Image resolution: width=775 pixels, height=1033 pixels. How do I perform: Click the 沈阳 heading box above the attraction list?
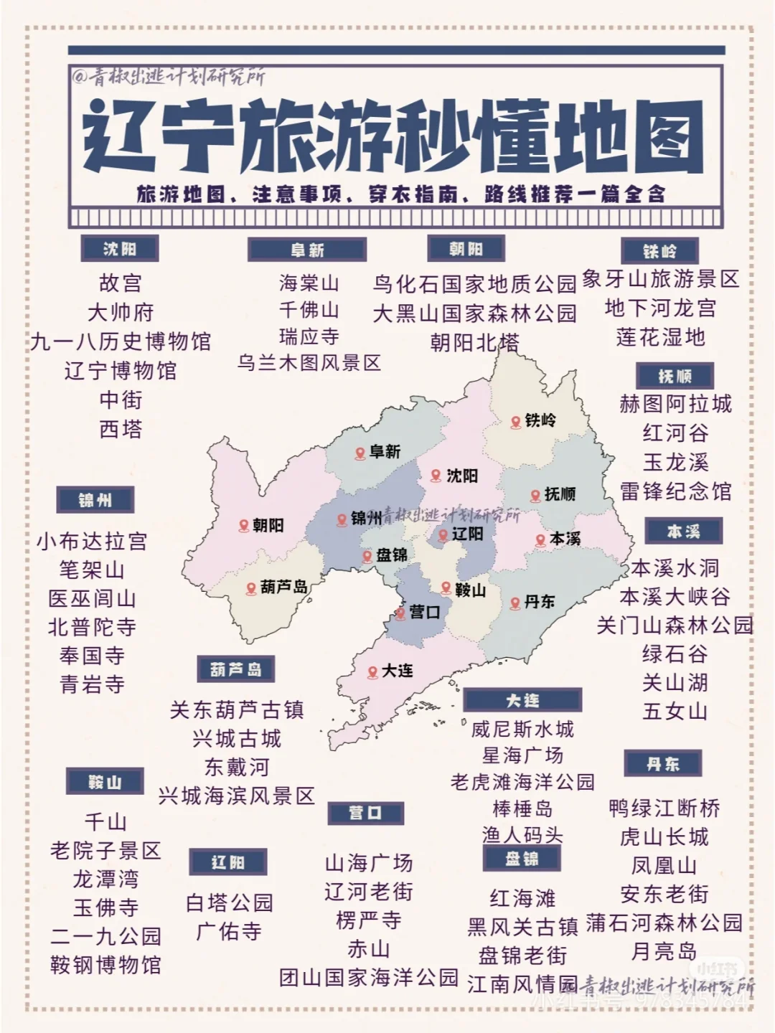pos(119,249)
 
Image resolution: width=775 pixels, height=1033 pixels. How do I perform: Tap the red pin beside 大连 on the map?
pos(372,672)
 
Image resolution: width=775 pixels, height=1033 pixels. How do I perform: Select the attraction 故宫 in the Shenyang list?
pos(121,283)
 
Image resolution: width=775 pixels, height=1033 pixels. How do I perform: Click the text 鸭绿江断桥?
pos(664,808)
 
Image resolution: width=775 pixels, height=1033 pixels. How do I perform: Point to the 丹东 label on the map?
pos(539,602)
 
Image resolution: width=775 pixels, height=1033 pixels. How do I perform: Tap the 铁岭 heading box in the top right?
pos(659,251)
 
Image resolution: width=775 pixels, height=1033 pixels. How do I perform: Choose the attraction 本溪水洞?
pos(675,568)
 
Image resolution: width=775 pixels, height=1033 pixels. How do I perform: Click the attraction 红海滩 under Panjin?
pos(522,898)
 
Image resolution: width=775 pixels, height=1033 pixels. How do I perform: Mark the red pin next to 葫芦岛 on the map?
pos(251,588)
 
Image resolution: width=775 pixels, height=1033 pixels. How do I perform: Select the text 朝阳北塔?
pos(474,343)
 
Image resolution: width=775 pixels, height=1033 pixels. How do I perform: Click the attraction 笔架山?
pos(92,570)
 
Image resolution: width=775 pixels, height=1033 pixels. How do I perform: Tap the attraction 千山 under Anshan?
pos(105,821)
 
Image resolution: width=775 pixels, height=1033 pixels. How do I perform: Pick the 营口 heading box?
pos(365,813)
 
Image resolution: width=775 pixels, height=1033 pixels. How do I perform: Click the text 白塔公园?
pos(229,902)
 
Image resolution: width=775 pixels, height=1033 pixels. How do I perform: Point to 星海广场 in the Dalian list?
pos(522,755)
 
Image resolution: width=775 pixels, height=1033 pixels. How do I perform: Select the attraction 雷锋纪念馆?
pos(675,491)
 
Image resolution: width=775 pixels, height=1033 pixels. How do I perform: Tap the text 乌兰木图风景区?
pos(309,363)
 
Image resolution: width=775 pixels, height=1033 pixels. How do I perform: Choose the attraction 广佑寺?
pos(229,932)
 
